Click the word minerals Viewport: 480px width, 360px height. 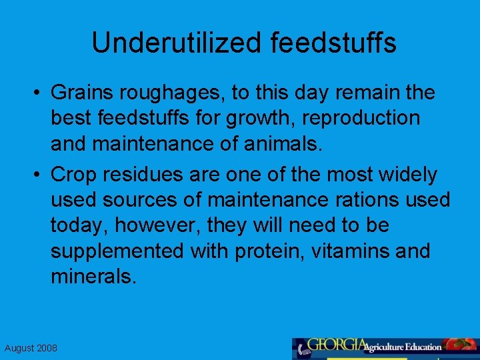pos(93,277)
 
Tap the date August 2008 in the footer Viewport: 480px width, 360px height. pos(31,348)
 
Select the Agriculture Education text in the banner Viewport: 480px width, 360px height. pos(403,347)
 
